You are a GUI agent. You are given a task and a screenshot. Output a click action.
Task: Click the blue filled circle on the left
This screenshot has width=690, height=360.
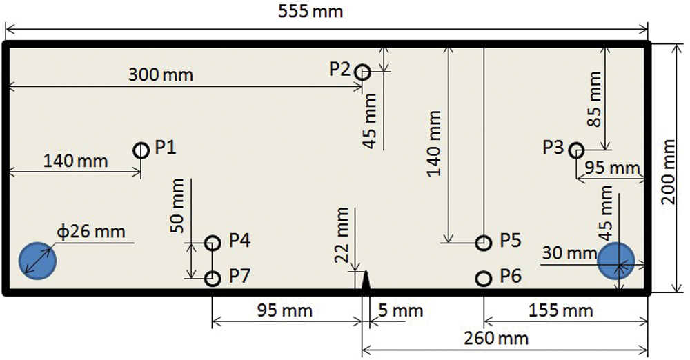(x=37, y=261)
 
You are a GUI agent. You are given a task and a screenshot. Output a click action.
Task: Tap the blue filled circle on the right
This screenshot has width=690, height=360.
(x=616, y=261)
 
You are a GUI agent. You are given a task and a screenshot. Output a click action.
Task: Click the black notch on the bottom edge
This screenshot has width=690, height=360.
(x=365, y=281)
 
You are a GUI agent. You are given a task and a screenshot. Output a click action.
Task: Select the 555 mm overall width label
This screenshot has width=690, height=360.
(x=310, y=11)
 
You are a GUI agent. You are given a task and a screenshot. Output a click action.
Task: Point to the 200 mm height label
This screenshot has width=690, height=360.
(x=669, y=171)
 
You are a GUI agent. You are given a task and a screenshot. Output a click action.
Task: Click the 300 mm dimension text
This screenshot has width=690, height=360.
(x=161, y=74)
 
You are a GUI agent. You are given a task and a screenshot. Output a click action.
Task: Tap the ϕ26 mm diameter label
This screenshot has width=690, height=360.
(x=91, y=232)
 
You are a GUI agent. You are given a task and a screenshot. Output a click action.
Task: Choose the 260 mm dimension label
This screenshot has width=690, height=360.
(x=496, y=339)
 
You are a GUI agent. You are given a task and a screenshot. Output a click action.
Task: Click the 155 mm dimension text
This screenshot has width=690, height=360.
(x=560, y=311)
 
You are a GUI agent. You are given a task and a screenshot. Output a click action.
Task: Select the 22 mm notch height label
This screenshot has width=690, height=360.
(x=342, y=235)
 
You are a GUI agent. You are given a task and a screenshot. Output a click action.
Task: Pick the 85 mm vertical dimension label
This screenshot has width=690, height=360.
(x=595, y=99)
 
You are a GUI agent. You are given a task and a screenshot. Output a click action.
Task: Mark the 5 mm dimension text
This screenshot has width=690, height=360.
(x=400, y=311)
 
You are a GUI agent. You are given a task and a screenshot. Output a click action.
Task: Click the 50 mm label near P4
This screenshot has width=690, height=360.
(x=178, y=206)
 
